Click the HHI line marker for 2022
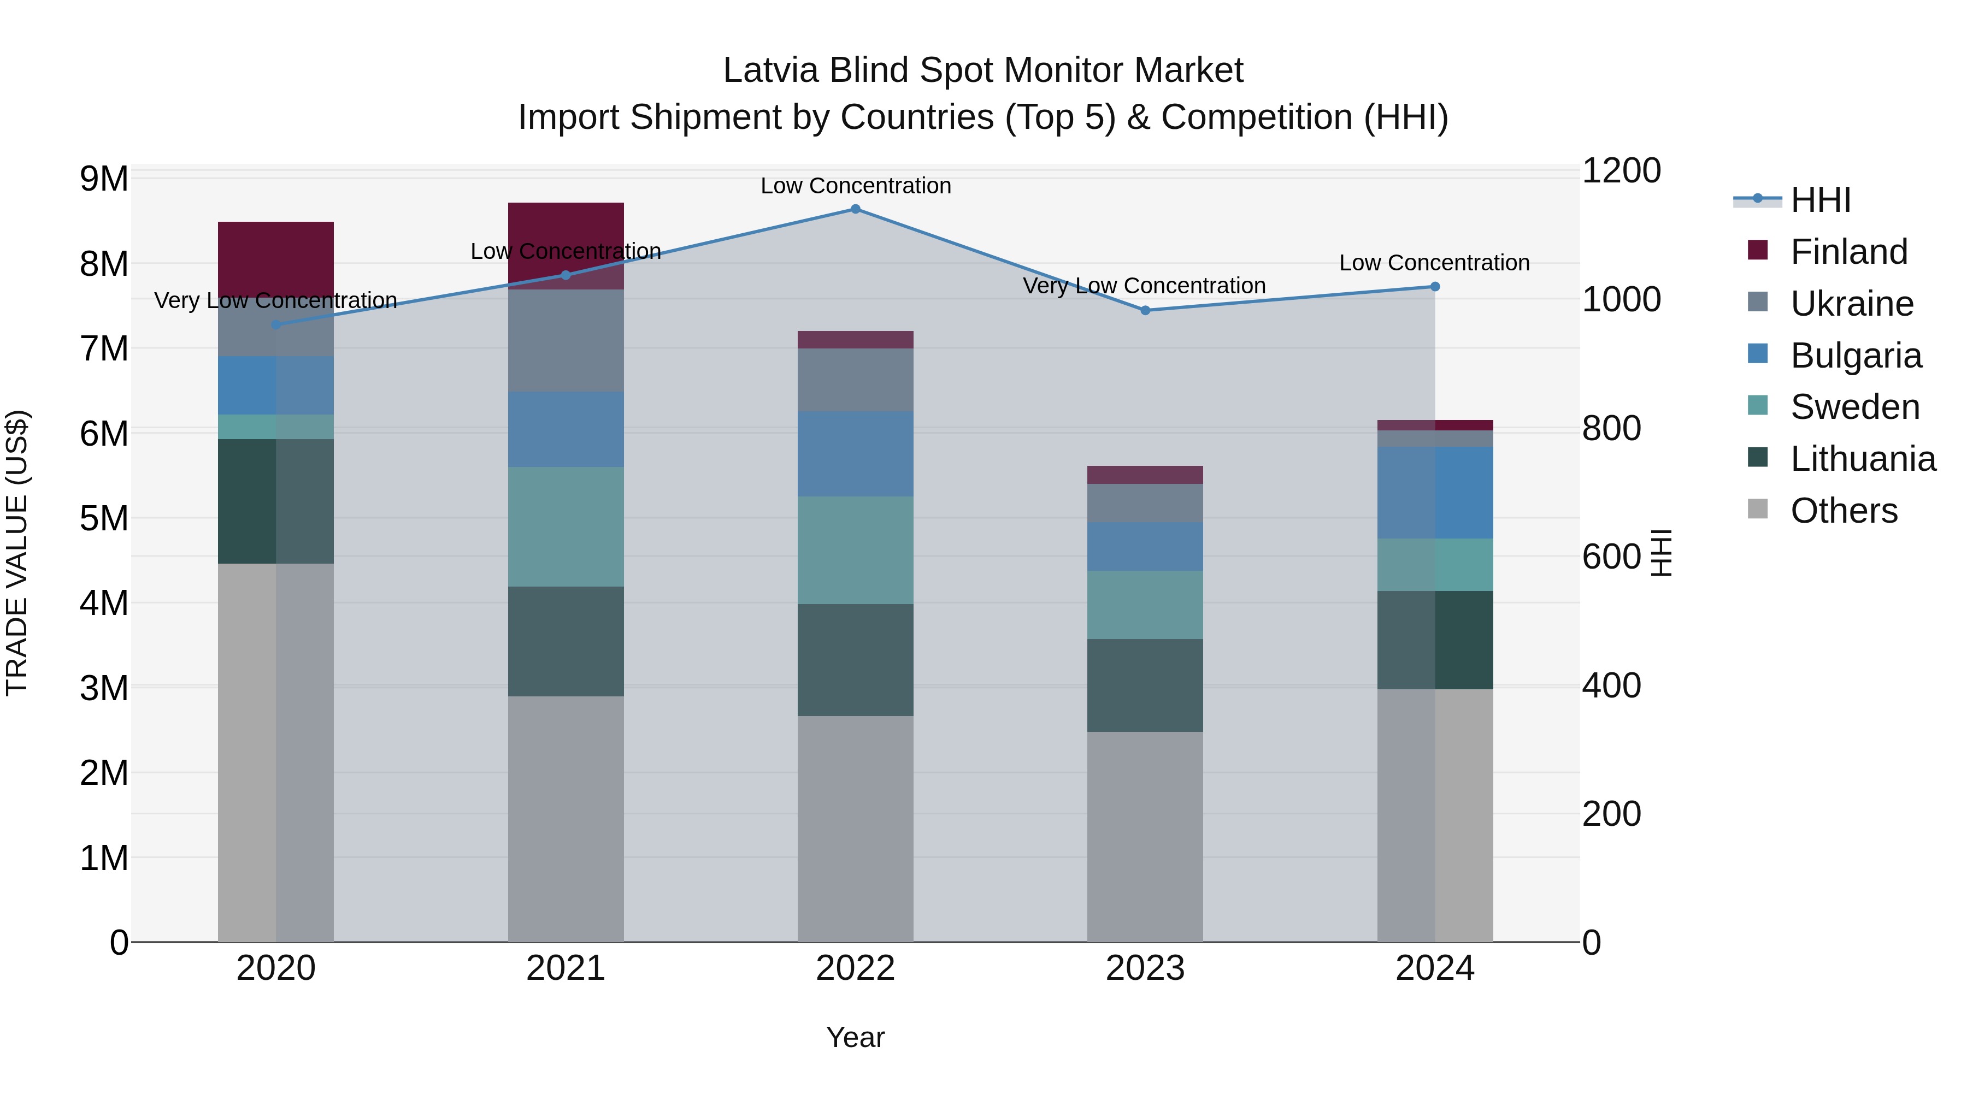click(x=855, y=209)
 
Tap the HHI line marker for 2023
click(x=1145, y=311)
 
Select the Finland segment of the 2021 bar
click(x=566, y=244)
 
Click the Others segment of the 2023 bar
click(x=1145, y=837)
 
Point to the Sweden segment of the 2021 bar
click(x=566, y=527)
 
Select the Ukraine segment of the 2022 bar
click(x=855, y=380)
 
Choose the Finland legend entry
click(x=1848, y=252)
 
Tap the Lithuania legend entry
click(x=1863, y=459)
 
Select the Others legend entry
click(x=1844, y=511)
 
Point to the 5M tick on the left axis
click(x=104, y=518)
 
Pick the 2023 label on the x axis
click(x=1145, y=968)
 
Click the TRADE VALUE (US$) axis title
click(x=17, y=553)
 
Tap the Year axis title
click(x=855, y=1037)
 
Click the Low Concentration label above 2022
click(x=855, y=186)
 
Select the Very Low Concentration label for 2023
click(x=1144, y=286)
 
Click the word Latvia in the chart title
click(x=771, y=70)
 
